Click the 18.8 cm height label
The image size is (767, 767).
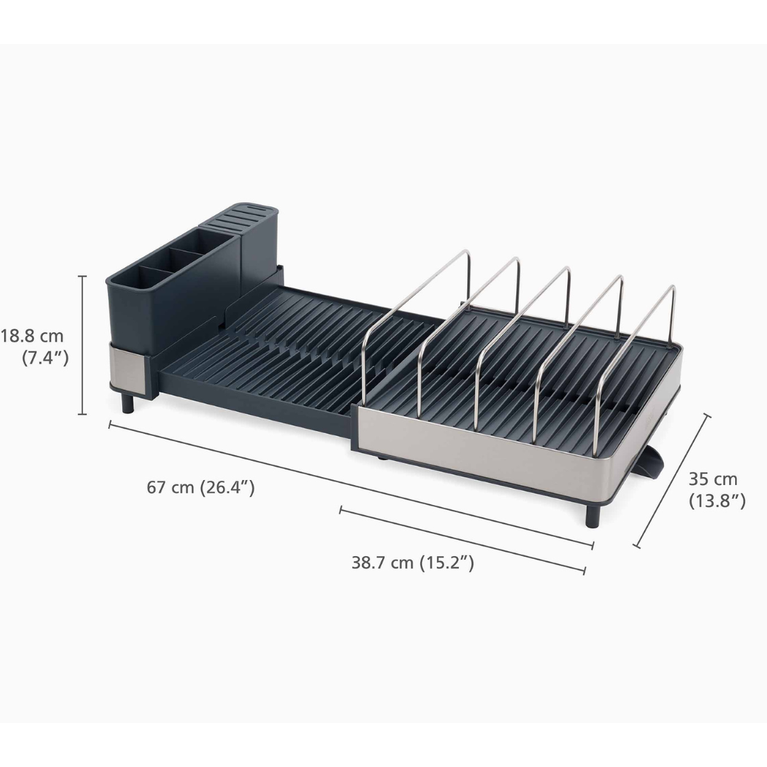(x=33, y=336)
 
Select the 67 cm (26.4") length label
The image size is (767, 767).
(x=200, y=488)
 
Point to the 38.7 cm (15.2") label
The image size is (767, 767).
(x=413, y=563)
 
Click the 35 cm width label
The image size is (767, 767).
(x=713, y=479)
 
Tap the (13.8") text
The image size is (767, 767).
(x=717, y=501)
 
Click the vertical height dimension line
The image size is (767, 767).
(x=83, y=344)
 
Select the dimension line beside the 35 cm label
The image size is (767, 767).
(x=672, y=481)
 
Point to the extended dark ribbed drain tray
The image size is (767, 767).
(x=270, y=355)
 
